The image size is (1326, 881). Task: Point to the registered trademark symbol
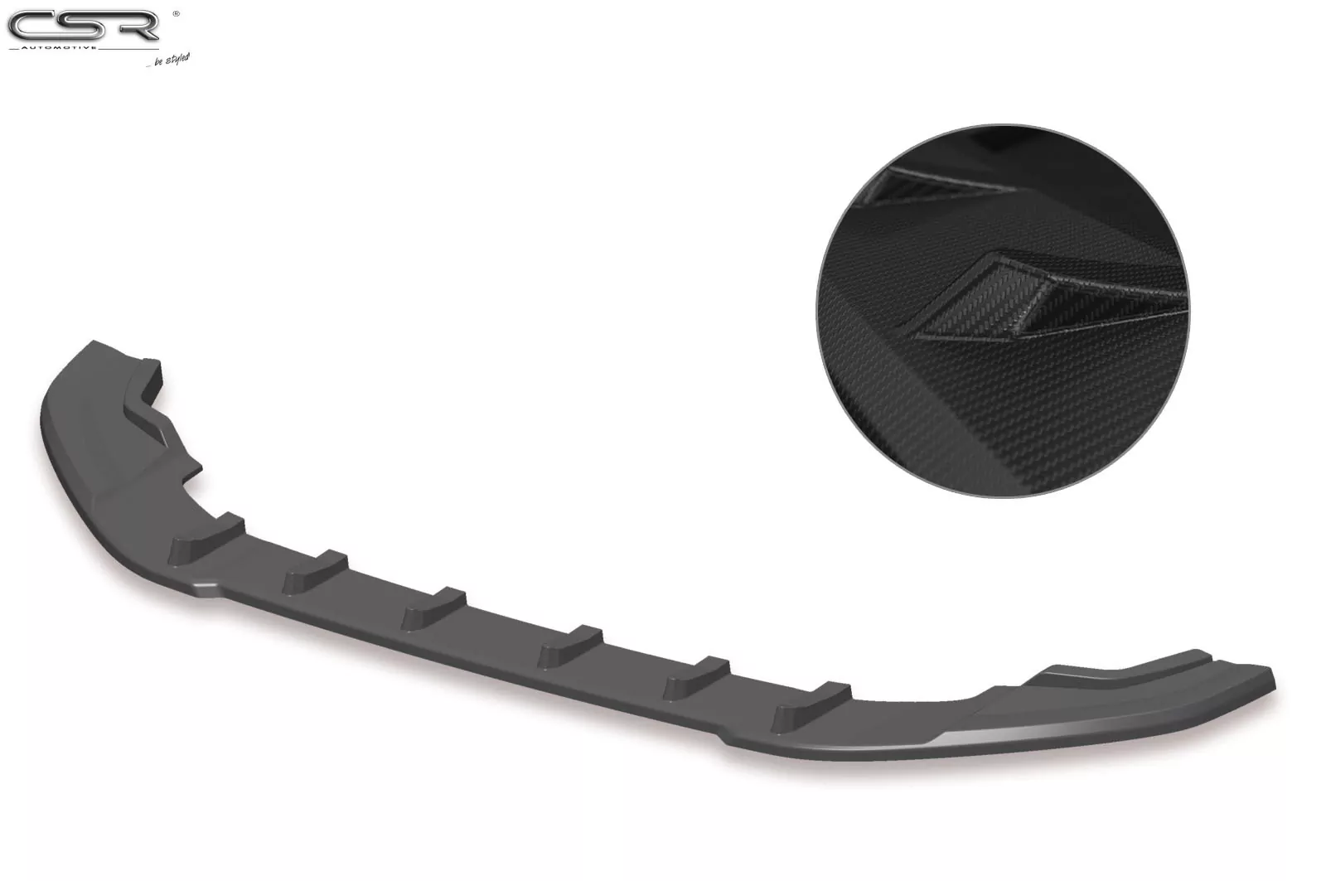click(175, 13)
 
